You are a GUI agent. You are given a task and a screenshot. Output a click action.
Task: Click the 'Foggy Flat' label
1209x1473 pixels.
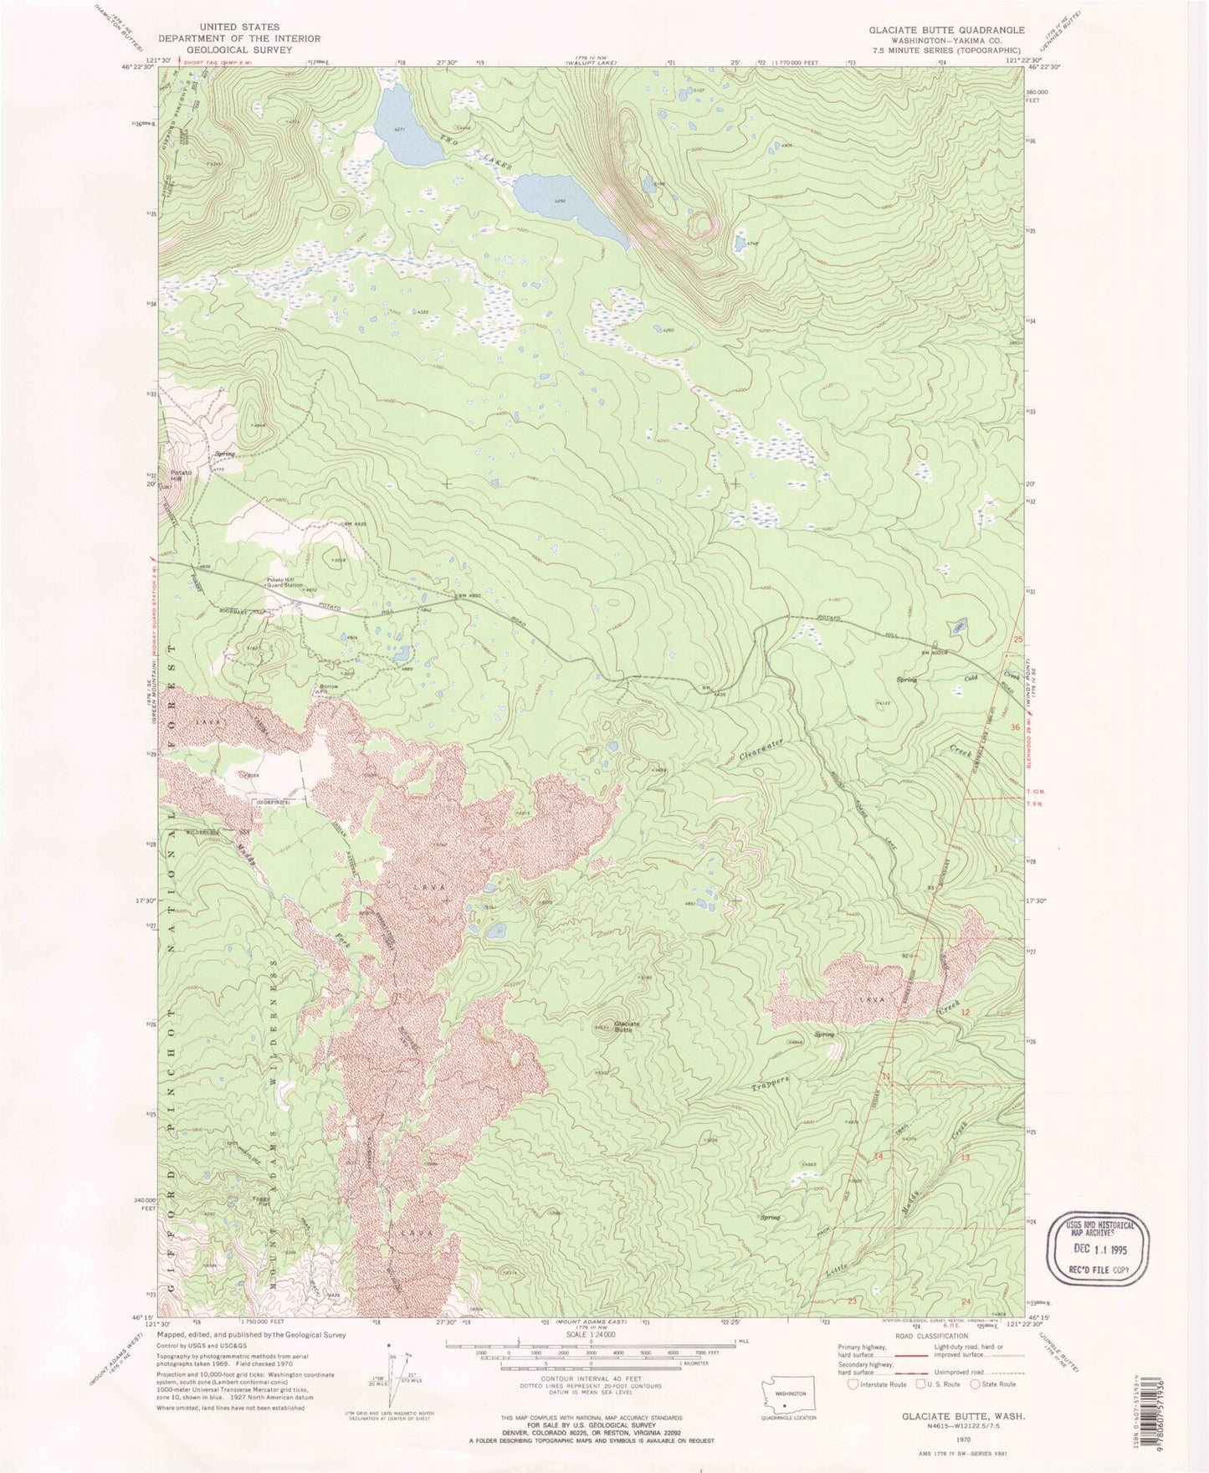pyautogui.click(x=260, y=1202)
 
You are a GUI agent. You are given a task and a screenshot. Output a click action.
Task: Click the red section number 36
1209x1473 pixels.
pyautogui.click(x=1017, y=727)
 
